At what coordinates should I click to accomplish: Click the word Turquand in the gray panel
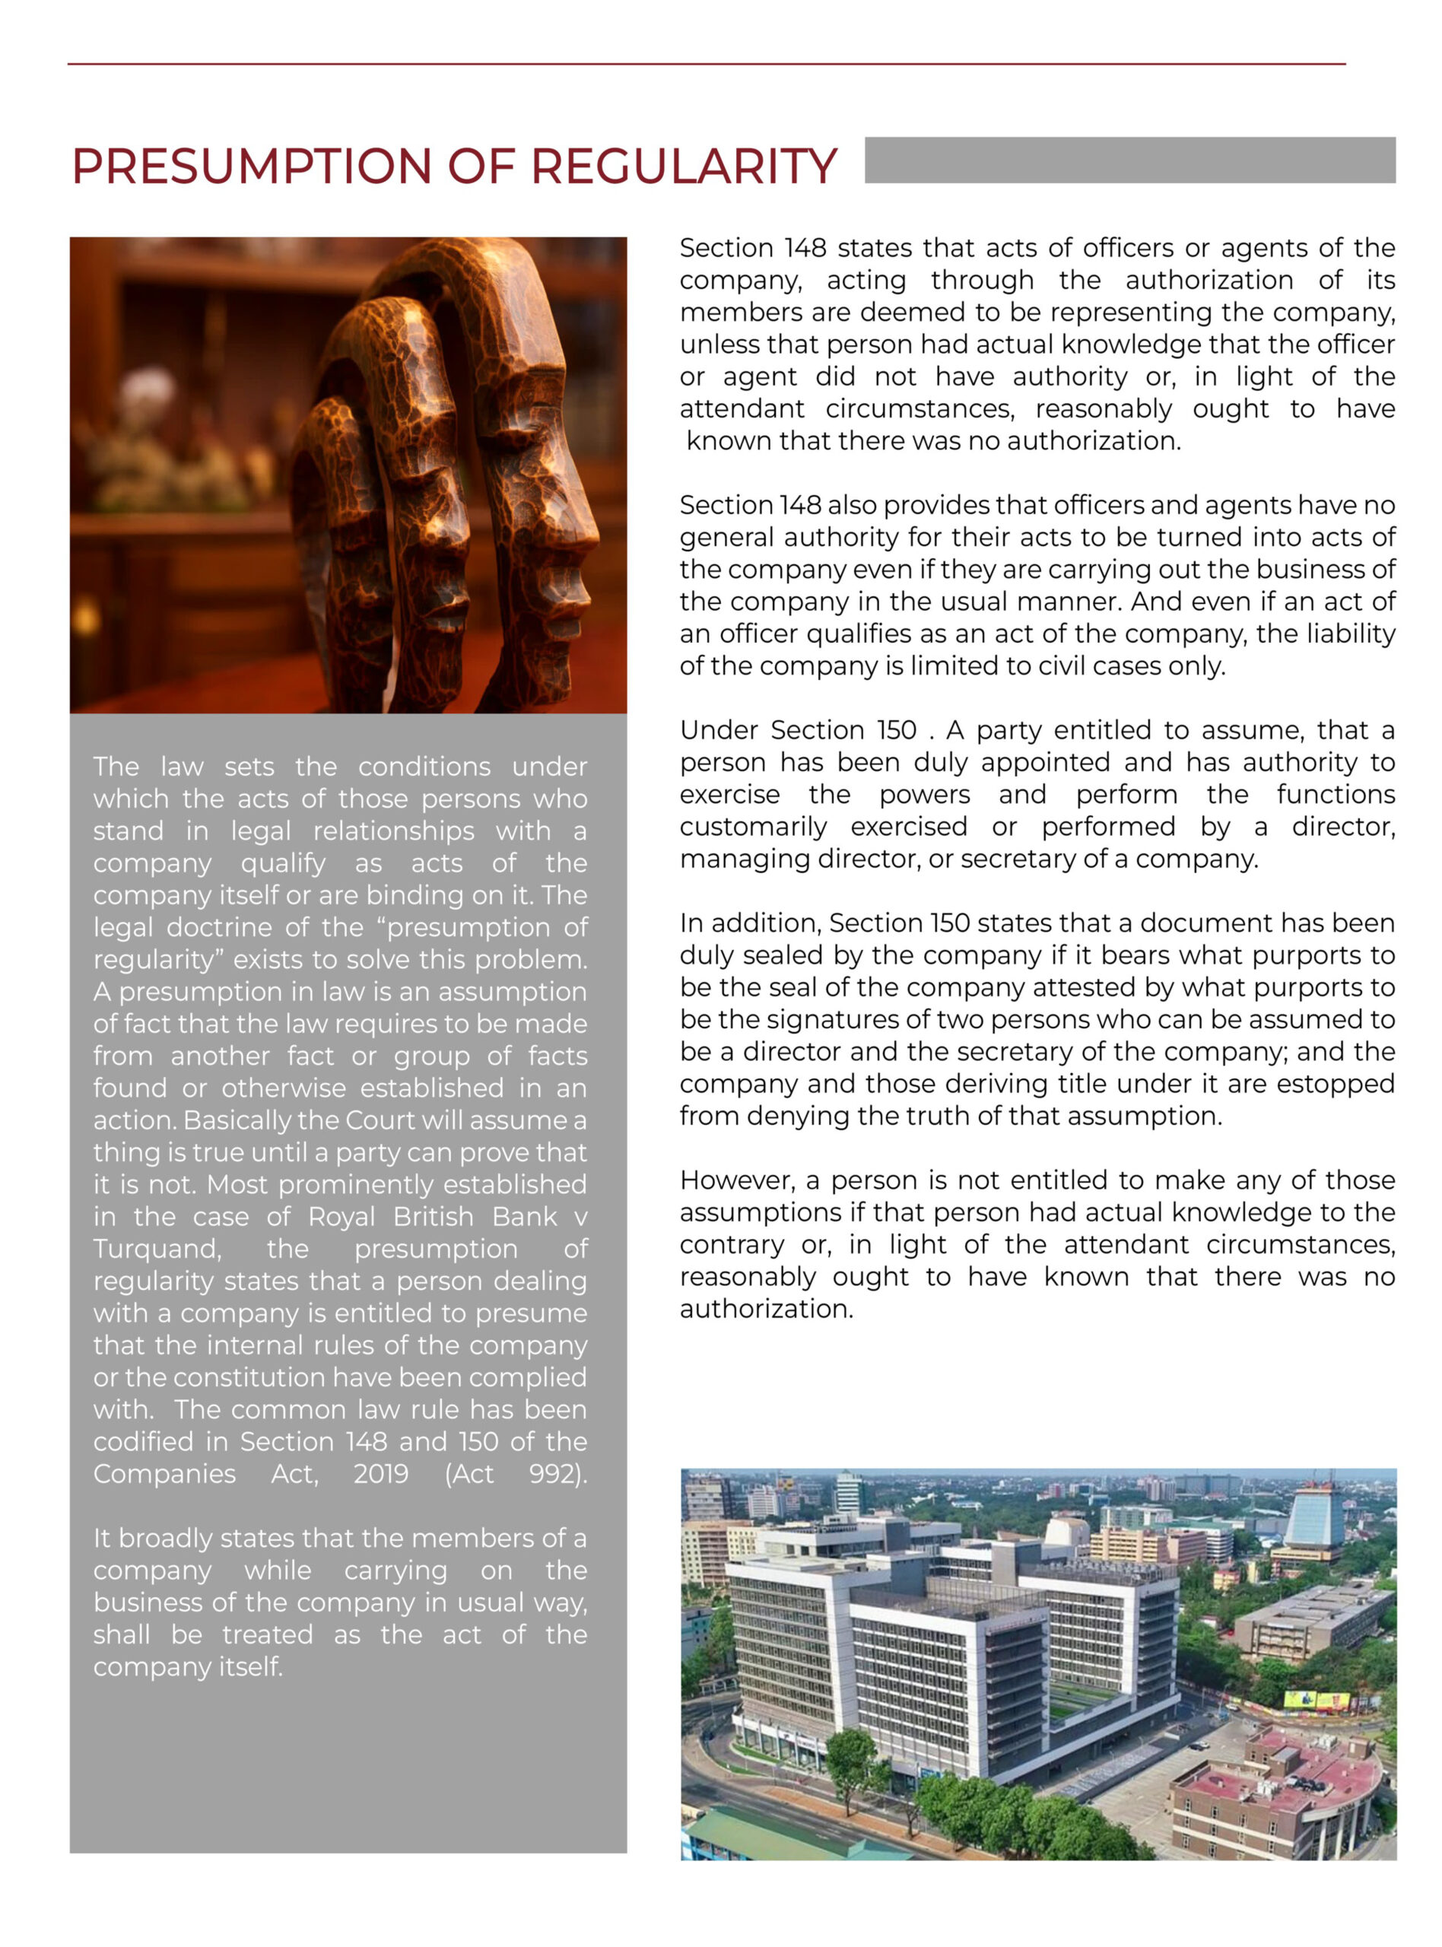(x=157, y=1249)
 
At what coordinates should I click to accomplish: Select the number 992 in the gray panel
(x=557, y=1474)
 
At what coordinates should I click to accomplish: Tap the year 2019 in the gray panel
(x=380, y=1474)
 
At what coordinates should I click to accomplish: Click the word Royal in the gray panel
(x=341, y=1217)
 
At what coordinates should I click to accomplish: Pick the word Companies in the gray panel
(x=164, y=1474)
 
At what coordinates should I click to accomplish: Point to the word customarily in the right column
(x=752, y=827)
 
